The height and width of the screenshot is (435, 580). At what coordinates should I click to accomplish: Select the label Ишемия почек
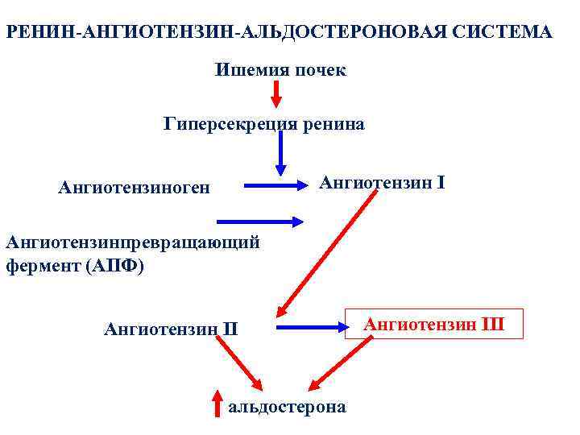click(x=280, y=70)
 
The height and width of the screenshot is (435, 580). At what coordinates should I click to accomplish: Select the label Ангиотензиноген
click(x=134, y=188)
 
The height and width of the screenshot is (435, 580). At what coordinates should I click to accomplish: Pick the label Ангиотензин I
click(x=382, y=183)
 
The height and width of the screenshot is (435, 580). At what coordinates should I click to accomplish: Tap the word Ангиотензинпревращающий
click(x=132, y=242)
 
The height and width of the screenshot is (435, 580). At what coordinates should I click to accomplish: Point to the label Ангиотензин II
click(x=171, y=328)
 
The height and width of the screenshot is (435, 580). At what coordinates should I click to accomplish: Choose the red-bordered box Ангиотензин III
click(x=434, y=324)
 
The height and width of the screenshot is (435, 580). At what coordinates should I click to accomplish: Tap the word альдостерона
click(x=288, y=407)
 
